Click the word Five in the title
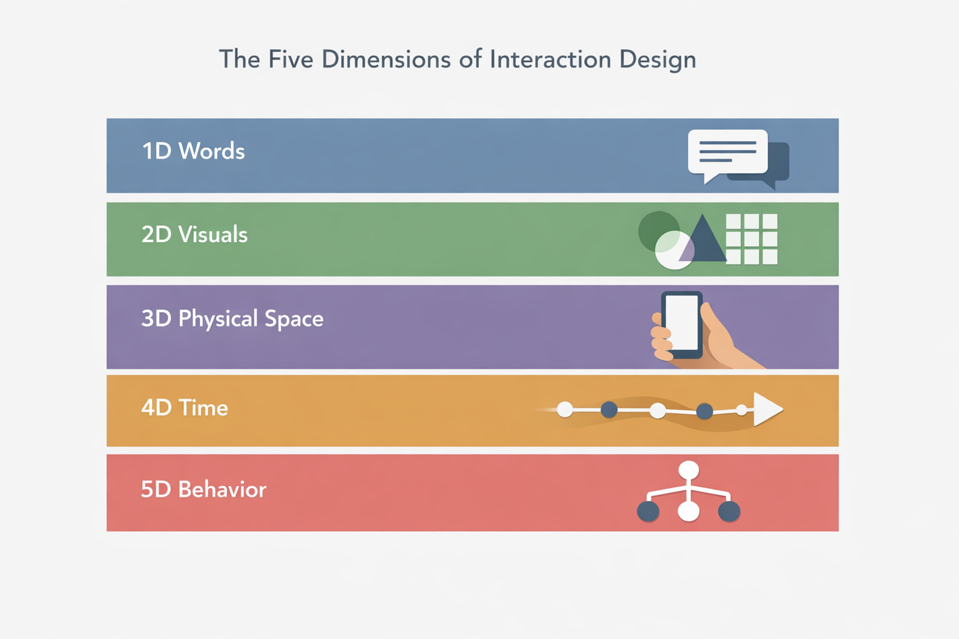[x=291, y=59]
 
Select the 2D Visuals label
[x=195, y=234]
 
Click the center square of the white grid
[x=751, y=239]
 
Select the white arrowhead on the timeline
[x=766, y=409]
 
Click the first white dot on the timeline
[x=565, y=409]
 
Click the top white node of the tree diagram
[x=689, y=470]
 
